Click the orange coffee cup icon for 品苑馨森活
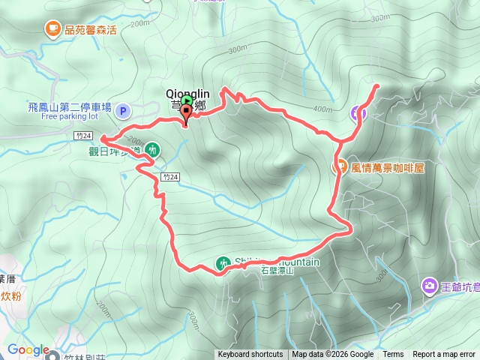pos(52,29)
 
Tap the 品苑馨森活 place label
pos(91,30)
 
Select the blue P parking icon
pos(124,112)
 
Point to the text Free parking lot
pos(70,117)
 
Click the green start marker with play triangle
pos(187,101)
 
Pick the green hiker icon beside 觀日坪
pos(152,149)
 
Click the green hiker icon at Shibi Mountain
pos(223,263)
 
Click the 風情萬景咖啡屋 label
pos(388,167)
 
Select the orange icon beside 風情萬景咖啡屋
pos(340,167)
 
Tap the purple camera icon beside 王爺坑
pos(429,285)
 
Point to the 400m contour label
pos(323,109)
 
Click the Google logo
pos(27,349)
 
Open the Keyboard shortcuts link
pos(250,355)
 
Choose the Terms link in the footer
pos(393,355)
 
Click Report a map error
pos(445,355)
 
